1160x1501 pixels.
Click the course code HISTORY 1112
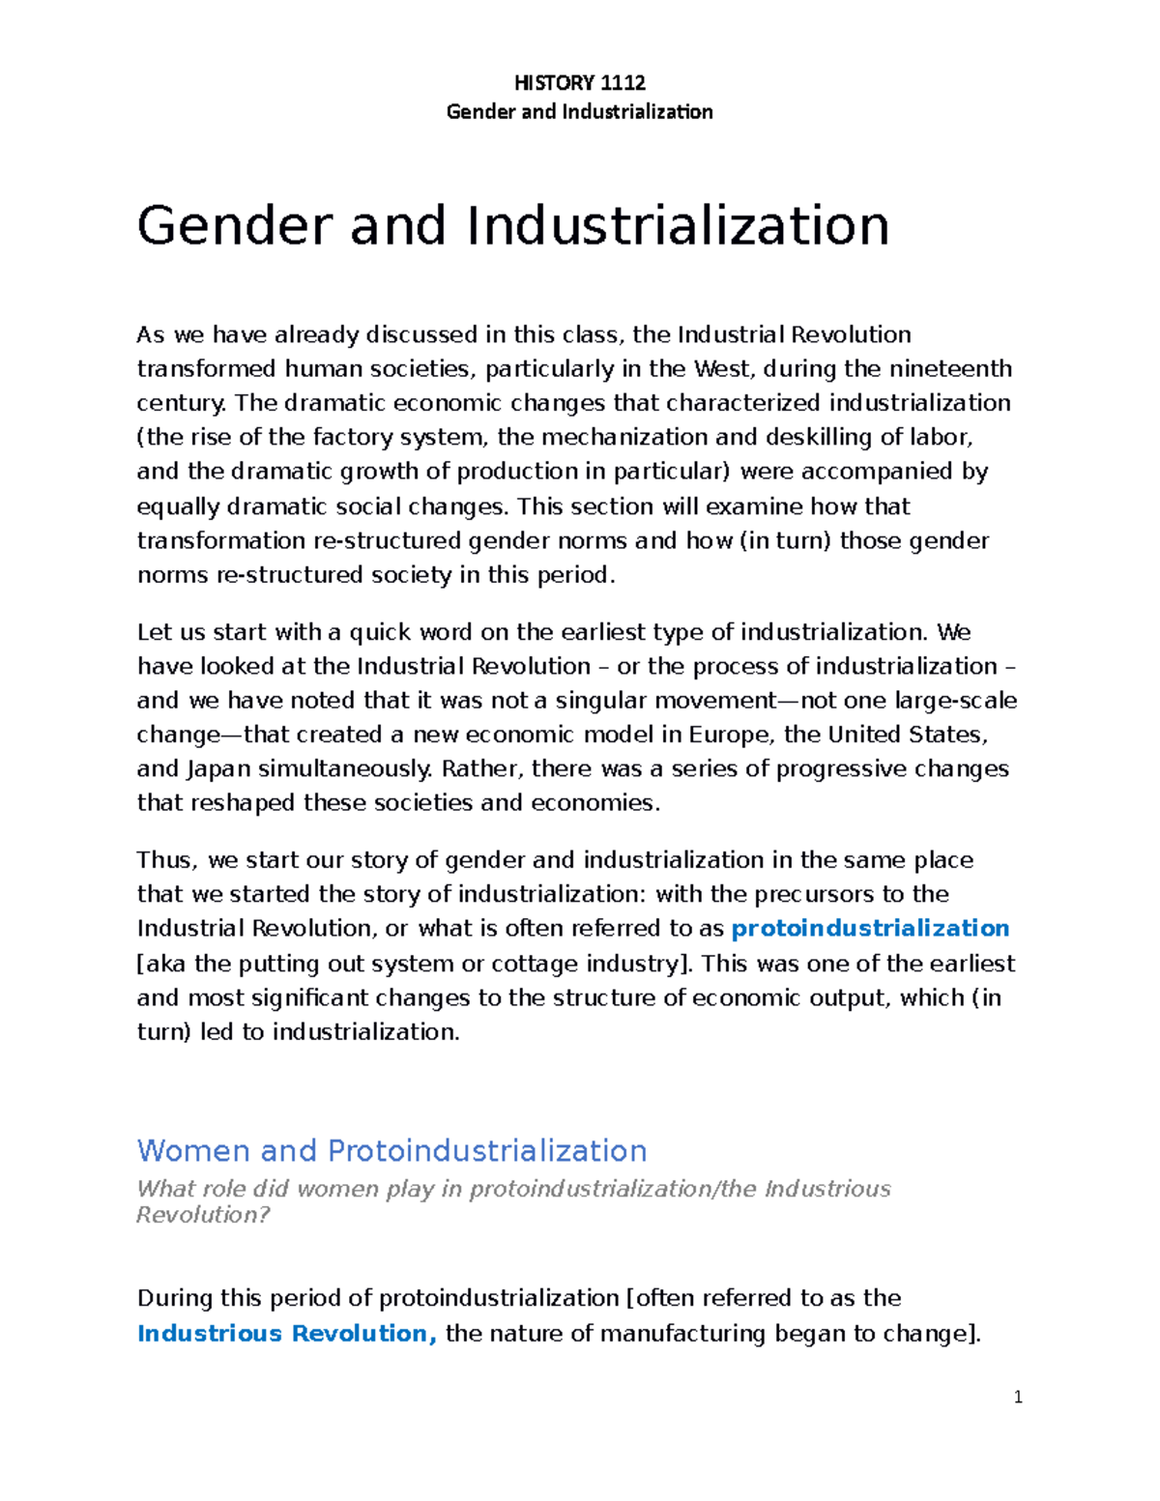[579, 82]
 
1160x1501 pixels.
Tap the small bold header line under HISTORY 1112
[579, 111]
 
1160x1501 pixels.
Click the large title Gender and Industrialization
[512, 225]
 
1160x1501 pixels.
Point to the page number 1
[1018, 1397]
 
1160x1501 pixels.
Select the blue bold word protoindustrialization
[870, 929]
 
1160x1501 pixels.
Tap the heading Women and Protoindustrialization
[391, 1150]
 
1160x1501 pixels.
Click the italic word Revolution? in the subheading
[203, 1215]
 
